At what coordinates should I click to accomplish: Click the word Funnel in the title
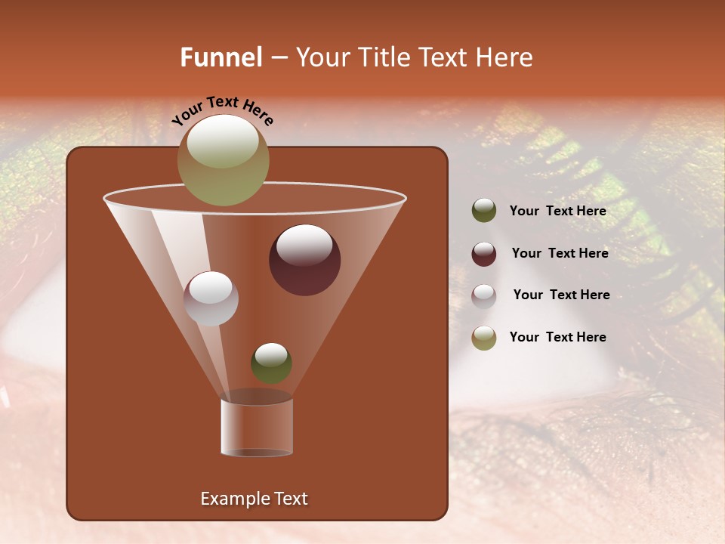221,57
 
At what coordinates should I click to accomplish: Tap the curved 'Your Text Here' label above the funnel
223,110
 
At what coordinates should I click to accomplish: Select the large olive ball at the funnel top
224,159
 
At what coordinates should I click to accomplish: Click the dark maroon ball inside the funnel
304,260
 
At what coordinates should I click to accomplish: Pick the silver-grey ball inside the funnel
211,298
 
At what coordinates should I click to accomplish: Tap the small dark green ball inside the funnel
271,363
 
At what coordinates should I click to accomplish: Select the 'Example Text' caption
254,499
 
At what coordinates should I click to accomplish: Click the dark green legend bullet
484,211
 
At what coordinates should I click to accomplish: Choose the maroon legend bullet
484,253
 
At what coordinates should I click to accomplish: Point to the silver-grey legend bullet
484,295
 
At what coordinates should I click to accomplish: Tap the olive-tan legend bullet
484,338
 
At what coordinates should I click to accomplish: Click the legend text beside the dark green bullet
557,212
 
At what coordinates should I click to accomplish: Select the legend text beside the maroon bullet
560,254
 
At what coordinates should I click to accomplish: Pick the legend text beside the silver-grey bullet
561,295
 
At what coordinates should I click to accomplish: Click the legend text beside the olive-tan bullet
557,337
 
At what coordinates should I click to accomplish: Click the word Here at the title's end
505,57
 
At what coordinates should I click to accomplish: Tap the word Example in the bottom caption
233,499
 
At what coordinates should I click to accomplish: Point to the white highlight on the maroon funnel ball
304,244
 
